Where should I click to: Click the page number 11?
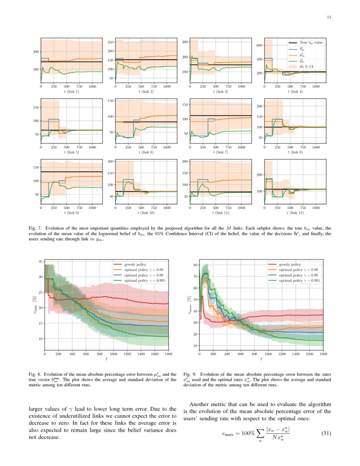[329, 17]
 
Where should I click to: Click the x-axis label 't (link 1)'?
[72, 92]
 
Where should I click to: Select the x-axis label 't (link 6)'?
[146, 152]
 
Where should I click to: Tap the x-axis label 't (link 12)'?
[295, 212]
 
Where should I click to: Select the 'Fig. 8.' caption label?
[35, 374]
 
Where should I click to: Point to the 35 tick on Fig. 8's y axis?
[40, 261]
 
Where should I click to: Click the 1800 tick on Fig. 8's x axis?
[168, 353]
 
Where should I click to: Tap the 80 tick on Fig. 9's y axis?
[196, 265]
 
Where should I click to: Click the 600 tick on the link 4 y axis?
[259, 45]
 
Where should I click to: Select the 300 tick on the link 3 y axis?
[185, 42]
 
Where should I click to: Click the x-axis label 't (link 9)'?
[72, 212]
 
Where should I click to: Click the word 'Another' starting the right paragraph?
[201, 404]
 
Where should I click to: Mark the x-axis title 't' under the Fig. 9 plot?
[261, 359]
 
